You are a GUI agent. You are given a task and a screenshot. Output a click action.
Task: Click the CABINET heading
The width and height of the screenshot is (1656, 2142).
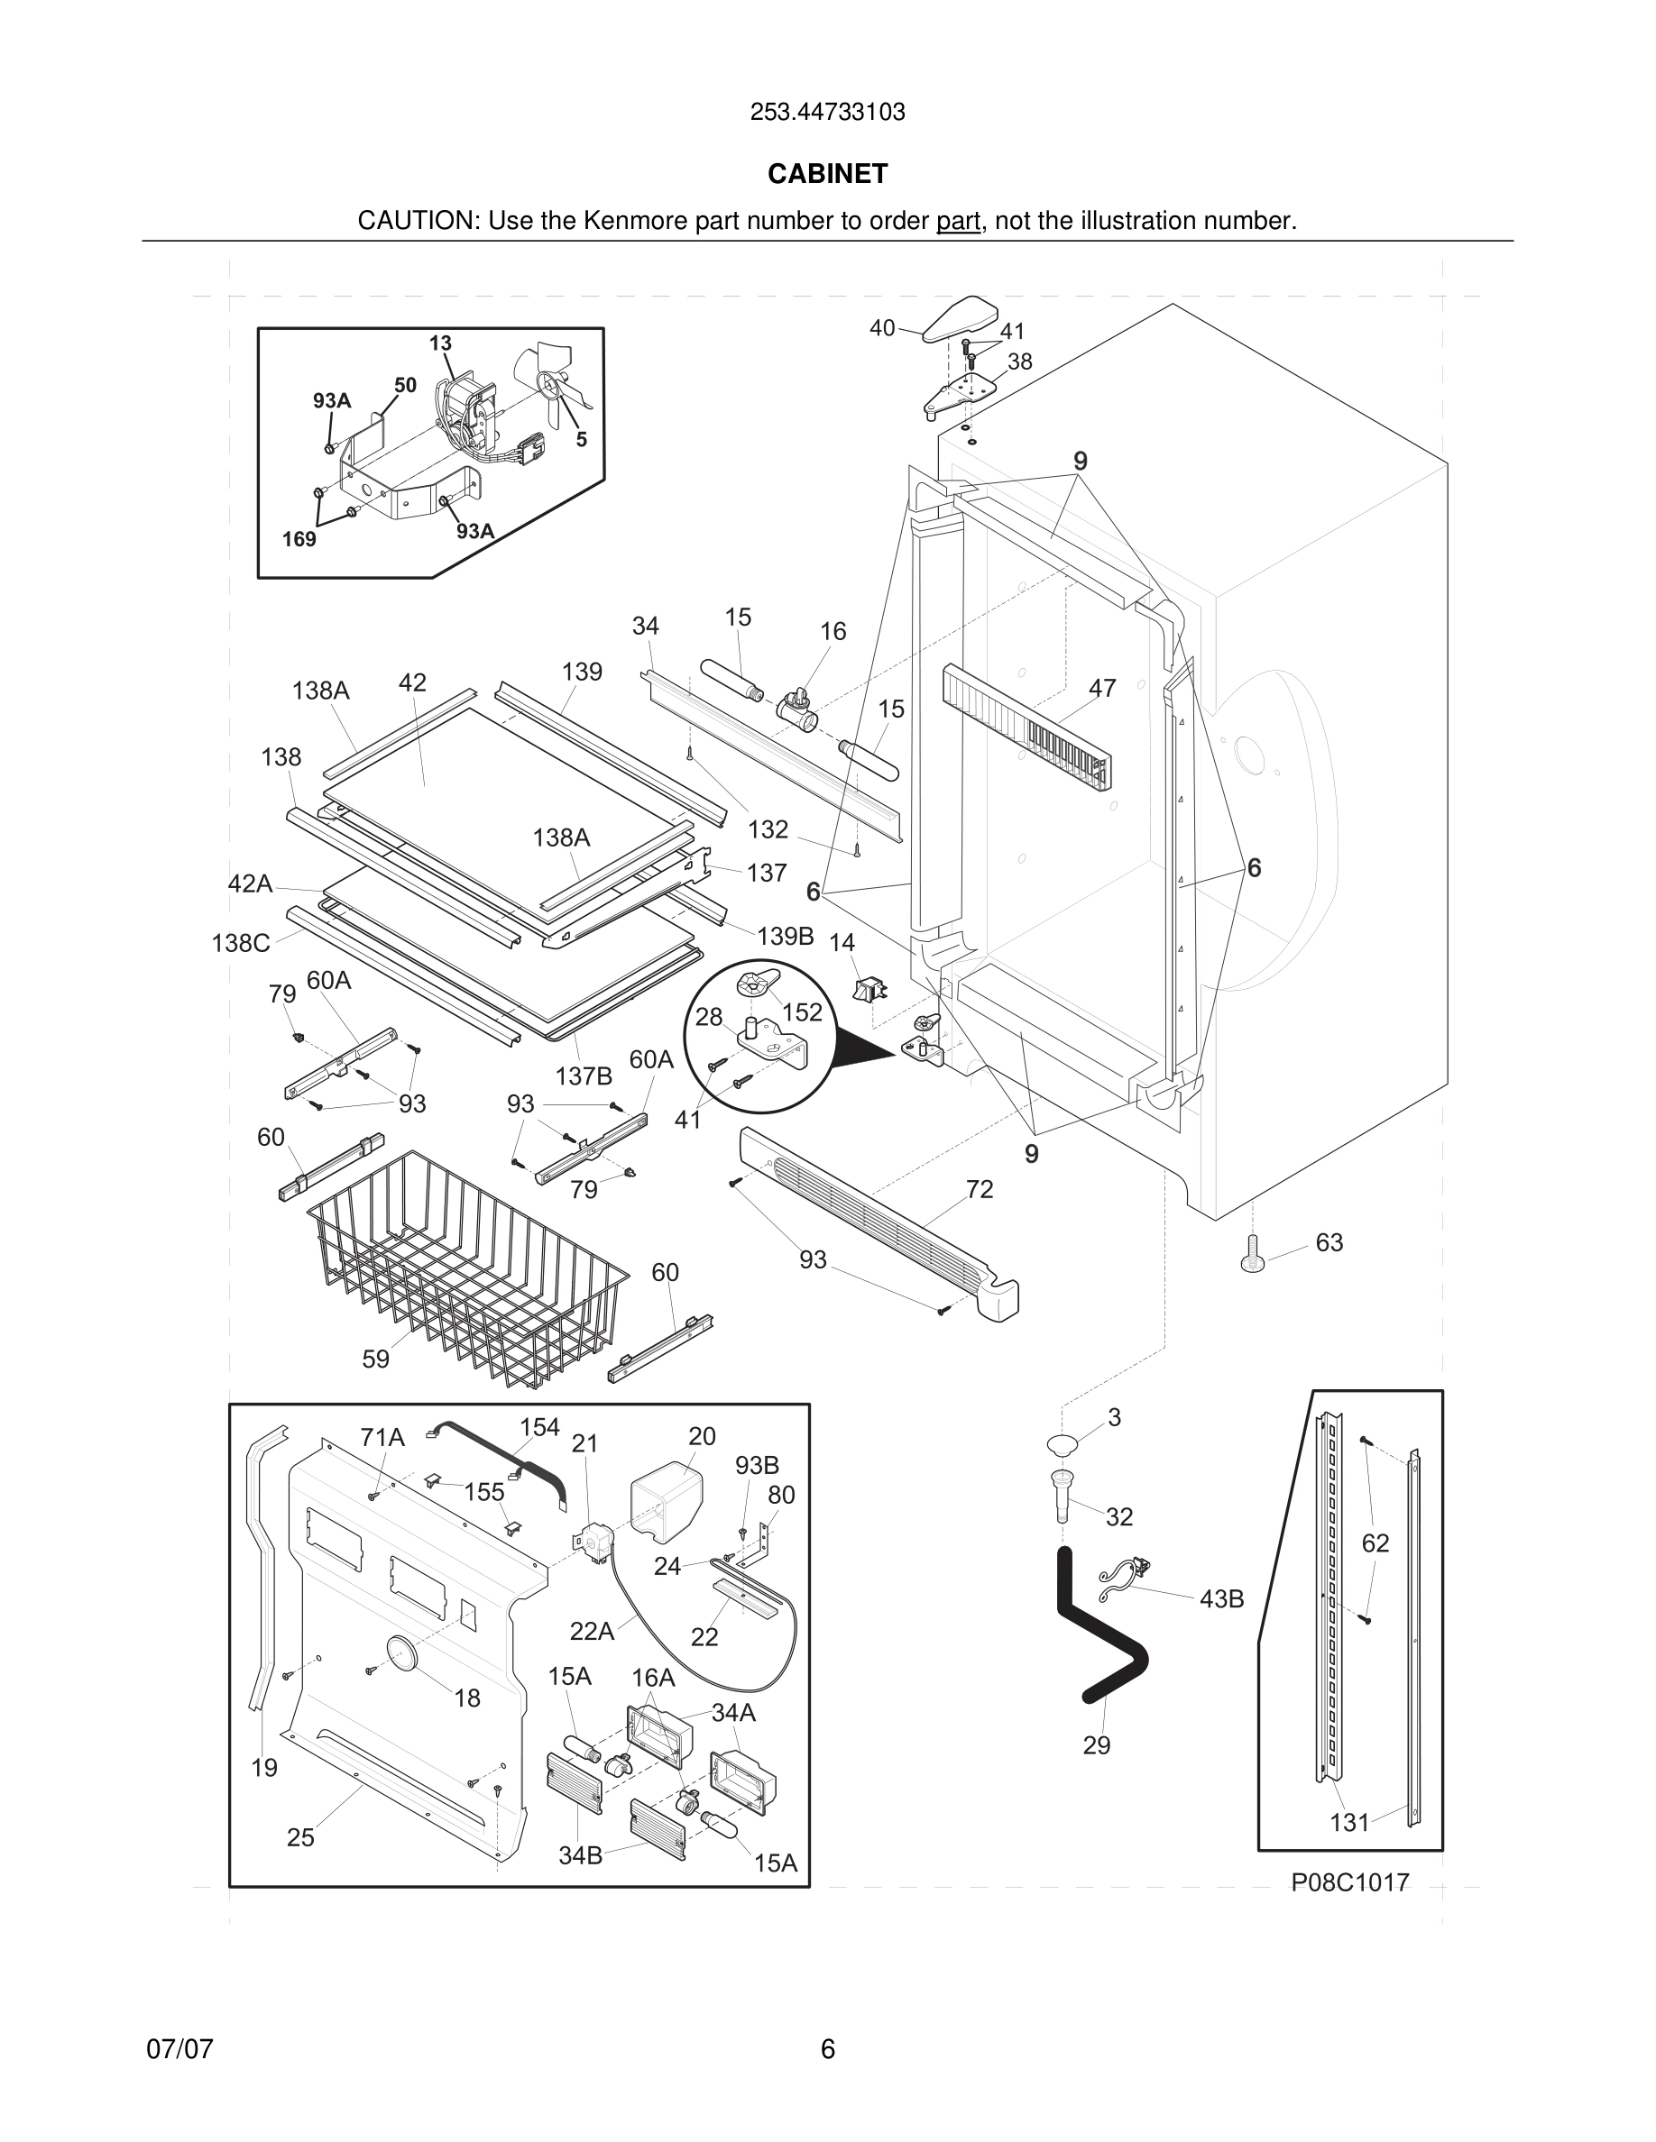coord(827,174)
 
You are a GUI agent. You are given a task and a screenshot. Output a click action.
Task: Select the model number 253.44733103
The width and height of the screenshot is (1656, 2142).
coord(827,113)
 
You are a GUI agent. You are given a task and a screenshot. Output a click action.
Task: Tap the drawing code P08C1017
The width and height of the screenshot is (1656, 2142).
coord(1350,1882)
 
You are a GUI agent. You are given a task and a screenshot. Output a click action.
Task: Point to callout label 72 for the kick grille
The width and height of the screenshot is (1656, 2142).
coord(980,1189)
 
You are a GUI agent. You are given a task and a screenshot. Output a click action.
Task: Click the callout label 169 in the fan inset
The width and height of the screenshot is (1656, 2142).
coord(299,538)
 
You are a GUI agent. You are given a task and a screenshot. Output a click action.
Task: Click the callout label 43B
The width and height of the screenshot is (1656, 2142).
coord(1221,1598)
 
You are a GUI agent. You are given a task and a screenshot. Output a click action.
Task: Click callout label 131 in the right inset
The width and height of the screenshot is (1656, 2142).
coord(1349,1822)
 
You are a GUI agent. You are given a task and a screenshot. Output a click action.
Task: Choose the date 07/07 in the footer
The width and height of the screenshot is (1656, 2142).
coord(179,2048)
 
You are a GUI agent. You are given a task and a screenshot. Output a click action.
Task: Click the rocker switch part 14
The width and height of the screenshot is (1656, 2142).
coord(869,990)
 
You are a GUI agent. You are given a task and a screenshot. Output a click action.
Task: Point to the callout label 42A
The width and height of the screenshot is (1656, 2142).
coord(250,883)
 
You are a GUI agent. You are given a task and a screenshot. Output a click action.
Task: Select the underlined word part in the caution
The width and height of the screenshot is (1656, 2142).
coord(958,221)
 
